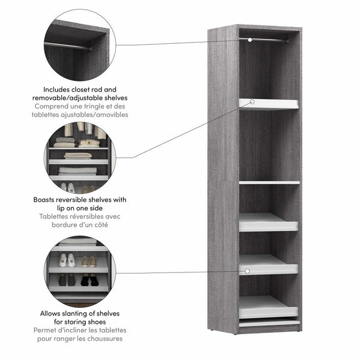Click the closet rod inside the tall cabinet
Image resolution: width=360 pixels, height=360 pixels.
point(270,40)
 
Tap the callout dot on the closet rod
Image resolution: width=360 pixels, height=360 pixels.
point(250,40)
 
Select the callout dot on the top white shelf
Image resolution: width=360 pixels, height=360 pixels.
point(253,102)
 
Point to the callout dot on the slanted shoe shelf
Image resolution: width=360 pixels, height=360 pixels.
point(247,271)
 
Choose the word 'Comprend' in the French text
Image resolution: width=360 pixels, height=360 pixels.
point(52,106)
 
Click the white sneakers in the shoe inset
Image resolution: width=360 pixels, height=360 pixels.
point(67,260)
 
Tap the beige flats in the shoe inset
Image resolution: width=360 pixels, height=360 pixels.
point(89,261)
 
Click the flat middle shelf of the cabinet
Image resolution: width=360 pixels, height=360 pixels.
point(269,182)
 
